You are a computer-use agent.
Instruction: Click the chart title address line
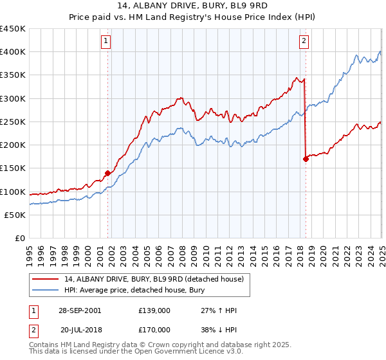[193, 6]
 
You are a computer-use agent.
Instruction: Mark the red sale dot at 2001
[107, 173]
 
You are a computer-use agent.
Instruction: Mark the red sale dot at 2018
[306, 159]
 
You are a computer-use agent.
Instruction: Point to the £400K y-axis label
[13, 52]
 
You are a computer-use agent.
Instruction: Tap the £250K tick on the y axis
[13, 122]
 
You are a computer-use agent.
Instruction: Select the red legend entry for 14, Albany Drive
[154, 279]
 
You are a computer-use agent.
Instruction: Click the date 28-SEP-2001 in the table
[78, 310]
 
